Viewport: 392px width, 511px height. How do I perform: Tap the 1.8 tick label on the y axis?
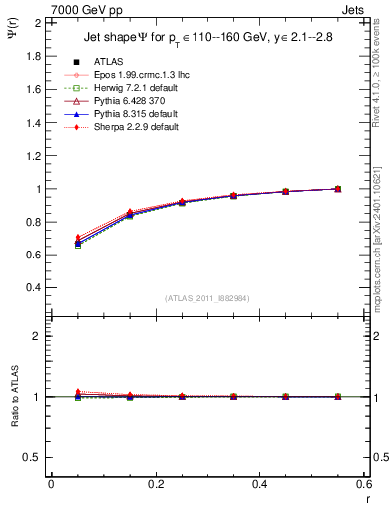point(32,56)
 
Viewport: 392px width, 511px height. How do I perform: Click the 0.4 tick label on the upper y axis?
point(32,287)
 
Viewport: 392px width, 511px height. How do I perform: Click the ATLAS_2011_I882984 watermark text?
point(207,298)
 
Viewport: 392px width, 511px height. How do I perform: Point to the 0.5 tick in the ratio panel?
point(32,457)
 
